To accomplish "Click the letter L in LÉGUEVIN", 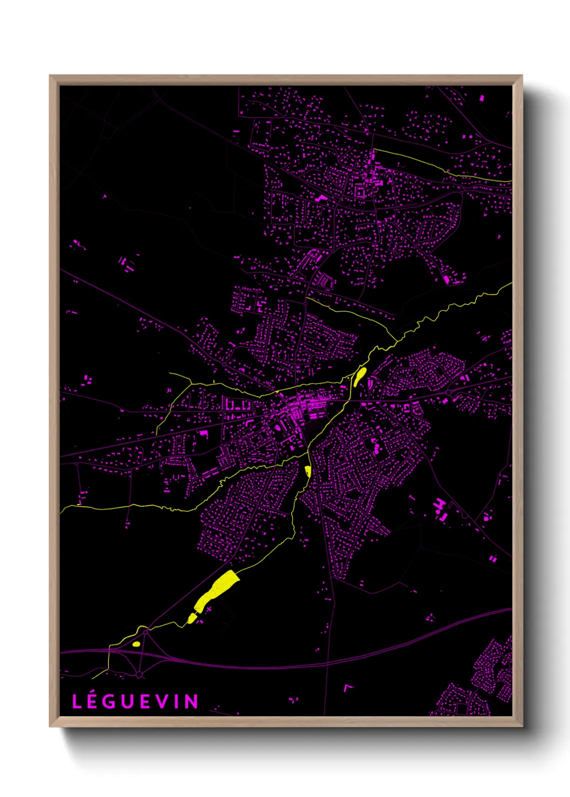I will pos(77,702).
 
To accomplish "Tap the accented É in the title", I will pos(93,701).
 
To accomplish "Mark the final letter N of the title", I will pos(191,702).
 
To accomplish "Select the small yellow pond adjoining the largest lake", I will pos(192,618).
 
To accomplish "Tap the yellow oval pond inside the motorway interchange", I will pos(136,644).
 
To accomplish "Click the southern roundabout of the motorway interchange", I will pos(139,674).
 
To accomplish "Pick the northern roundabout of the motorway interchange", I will pos(144,628).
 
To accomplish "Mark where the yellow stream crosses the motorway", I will pos(109,651).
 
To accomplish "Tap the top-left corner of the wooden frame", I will pos(50,76).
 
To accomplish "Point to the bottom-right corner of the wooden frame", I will pos(522,726).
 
